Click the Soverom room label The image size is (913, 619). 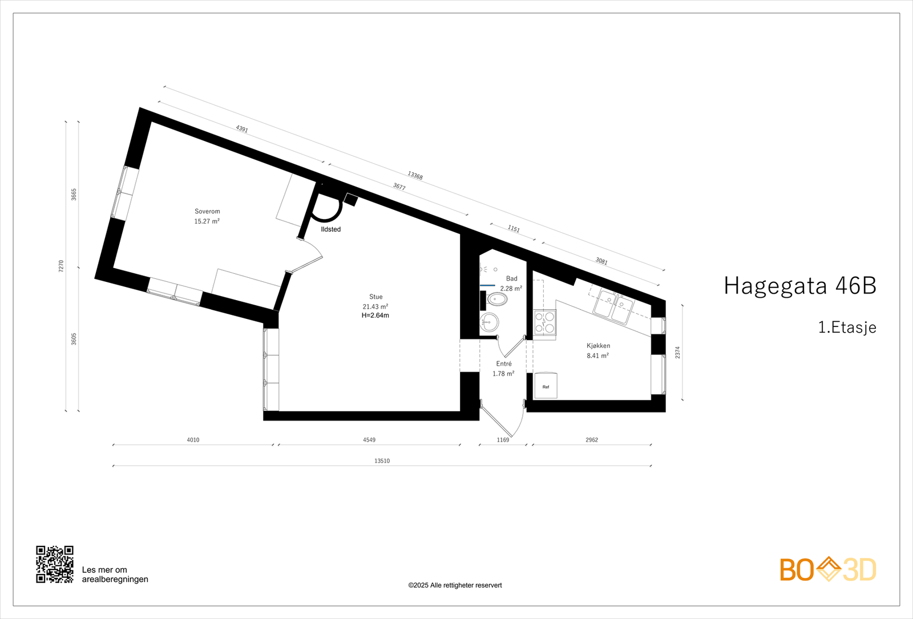pyautogui.click(x=207, y=212)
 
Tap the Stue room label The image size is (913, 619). pyautogui.click(x=375, y=297)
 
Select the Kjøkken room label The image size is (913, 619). pyautogui.click(x=598, y=346)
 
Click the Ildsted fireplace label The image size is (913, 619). pyautogui.click(x=331, y=229)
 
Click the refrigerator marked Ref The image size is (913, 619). pyautogui.click(x=546, y=386)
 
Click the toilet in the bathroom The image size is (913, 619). pyautogui.click(x=496, y=299)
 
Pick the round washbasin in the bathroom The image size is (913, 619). pyautogui.click(x=489, y=322)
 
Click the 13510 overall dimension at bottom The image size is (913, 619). pyautogui.click(x=382, y=461)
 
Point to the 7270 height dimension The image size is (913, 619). pyautogui.click(x=61, y=266)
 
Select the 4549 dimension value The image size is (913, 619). pyautogui.click(x=369, y=440)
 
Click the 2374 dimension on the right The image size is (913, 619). pyautogui.click(x=678, y=353)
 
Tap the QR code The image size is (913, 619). pyautogui.click(x=55, y=564)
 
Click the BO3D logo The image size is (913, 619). pyautogui.click(x=828, y=569)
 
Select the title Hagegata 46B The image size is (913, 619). pyautogui.click(x=799, y=286)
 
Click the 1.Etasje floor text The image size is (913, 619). pyautogui.click(x=847, y=327)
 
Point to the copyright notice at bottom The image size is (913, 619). pyautogui.click(x=455, y=585)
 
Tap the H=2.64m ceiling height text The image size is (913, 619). pyautogui.click(x=375, y=315)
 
